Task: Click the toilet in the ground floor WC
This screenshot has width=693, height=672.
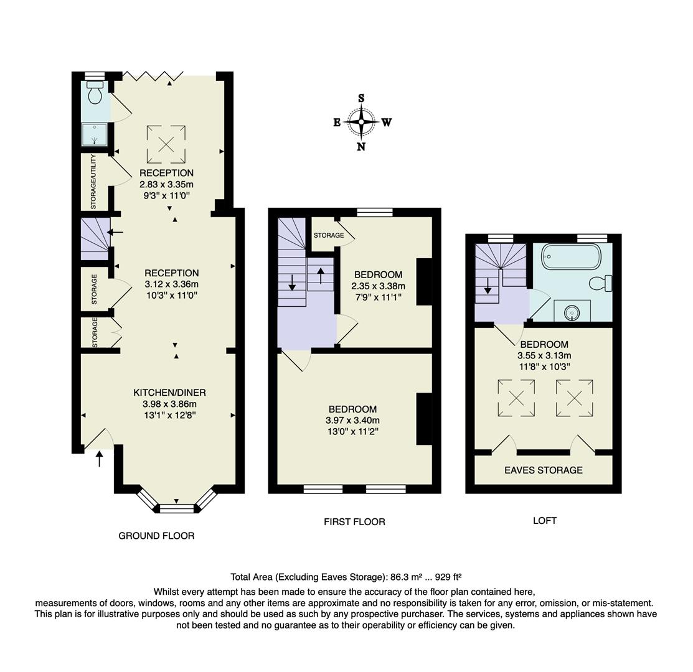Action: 95,94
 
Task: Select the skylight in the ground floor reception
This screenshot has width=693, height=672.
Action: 166,144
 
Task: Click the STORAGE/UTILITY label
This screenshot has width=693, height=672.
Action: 93,181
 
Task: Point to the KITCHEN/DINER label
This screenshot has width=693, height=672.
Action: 169,393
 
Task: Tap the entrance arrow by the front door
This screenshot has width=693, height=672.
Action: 99,460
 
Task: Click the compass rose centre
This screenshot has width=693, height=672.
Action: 361,122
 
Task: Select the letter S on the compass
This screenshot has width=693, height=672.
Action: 361,98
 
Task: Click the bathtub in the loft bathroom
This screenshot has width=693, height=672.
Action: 570,256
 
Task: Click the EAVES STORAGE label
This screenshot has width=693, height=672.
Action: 544,470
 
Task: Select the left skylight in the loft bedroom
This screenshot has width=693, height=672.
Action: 516,398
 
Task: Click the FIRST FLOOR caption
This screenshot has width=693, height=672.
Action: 354,522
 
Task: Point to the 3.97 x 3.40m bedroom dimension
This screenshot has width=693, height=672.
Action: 352,420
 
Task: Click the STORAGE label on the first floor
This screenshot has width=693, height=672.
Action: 329,235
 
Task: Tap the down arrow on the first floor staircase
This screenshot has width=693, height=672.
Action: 292,286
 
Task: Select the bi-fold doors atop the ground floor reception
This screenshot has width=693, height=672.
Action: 153,76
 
